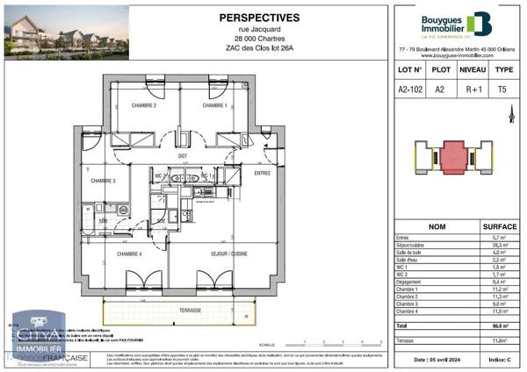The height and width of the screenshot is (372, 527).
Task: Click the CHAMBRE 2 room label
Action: pos(144,106)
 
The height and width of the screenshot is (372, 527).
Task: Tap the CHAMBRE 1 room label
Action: pos(214,106)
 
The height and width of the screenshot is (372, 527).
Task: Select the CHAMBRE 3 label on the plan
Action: pos(103,181)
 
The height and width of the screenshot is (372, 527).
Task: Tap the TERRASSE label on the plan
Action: pos(189,310)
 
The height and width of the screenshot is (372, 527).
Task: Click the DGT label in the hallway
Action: pos(183,156)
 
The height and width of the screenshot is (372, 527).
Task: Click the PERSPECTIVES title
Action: pos(257,17)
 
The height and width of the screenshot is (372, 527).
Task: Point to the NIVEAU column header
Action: pos(473,68)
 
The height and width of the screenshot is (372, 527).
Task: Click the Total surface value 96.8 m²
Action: pos(498,325)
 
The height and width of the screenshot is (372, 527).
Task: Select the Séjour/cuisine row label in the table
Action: pos(411,246)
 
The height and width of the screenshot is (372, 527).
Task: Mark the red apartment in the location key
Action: pos(454,160)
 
